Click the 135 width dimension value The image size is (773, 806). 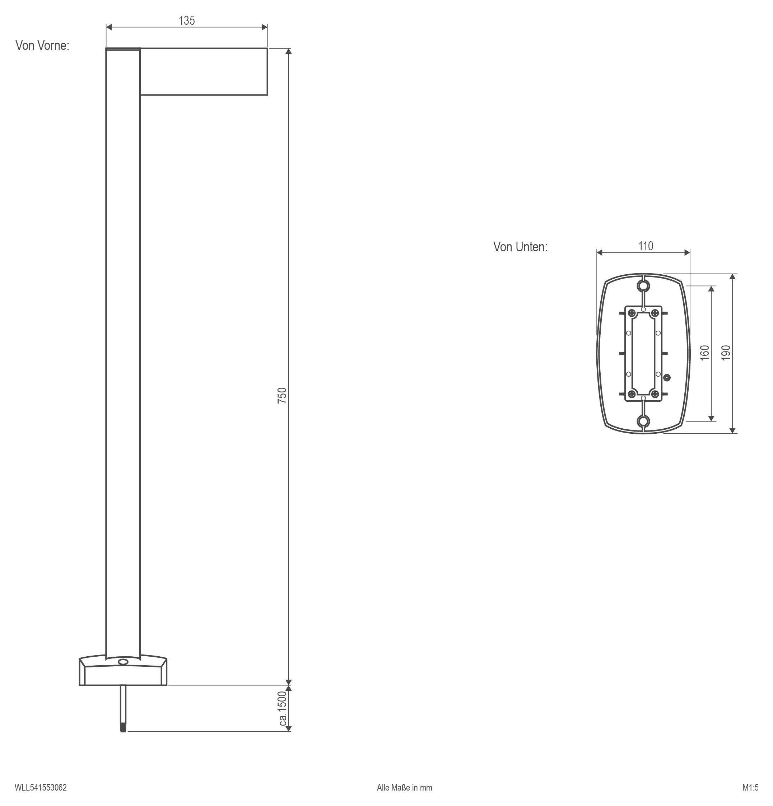pos(187,20)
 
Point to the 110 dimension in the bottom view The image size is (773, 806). pos(646,246)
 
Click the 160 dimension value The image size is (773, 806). pos(705,353)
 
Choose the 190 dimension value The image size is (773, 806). pos(726,353)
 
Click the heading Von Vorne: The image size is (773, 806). pos(42,45)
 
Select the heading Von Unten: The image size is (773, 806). pos(521,247)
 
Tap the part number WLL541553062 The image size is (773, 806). pos(41,787)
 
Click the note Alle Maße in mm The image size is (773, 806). pos(405,787)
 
